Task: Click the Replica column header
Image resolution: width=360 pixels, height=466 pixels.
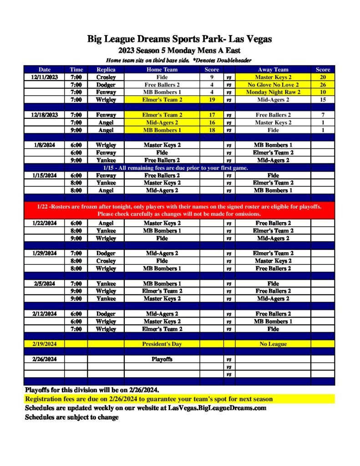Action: (106, 70)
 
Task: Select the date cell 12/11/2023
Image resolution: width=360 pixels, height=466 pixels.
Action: (45, 77)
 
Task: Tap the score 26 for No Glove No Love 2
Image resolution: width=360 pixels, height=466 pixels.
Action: (323, 85)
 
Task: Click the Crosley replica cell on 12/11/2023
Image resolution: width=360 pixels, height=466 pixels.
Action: (106, 77)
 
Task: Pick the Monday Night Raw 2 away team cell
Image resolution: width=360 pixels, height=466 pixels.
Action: (273, 92)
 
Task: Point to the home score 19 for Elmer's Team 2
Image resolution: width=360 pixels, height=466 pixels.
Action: (212, 100)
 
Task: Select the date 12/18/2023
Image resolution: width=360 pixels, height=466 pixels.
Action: (45, 115)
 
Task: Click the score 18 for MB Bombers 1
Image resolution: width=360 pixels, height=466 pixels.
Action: (212, 130)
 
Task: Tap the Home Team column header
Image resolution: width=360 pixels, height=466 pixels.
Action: (162, 70)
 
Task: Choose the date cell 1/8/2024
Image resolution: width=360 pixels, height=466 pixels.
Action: (45, 145)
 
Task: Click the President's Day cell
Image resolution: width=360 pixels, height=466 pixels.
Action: (162, 344)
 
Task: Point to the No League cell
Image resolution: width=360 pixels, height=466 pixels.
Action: (273, 344)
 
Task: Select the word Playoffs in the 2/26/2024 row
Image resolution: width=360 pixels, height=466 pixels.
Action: (162, 359)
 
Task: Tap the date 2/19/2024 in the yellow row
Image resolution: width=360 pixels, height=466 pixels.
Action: (45, 344)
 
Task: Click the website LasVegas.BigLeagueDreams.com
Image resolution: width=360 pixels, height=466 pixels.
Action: (217, 408)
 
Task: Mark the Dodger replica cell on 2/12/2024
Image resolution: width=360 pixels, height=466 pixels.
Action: (106, 314)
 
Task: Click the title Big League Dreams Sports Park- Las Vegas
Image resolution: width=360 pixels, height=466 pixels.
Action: (180, 39)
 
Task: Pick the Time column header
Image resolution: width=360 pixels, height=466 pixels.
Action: (76, 70)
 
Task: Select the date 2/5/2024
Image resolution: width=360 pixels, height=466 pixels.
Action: (45, 284)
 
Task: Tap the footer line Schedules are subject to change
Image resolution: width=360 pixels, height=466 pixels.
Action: (71, 417)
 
